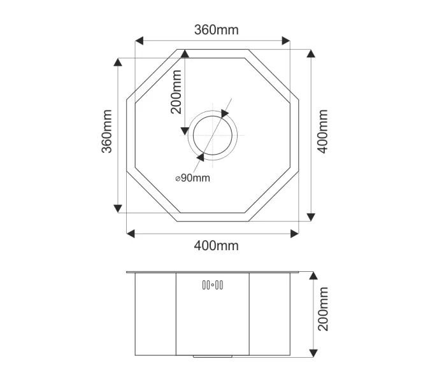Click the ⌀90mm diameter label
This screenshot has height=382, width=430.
[x=192, y=178]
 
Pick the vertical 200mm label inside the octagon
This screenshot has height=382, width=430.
[x=176, y=91]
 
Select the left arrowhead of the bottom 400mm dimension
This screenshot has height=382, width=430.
[x=130, y=234]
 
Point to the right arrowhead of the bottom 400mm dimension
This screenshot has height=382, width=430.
[x=295, y=234]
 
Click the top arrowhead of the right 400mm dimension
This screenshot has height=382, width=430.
[x=310, y=53]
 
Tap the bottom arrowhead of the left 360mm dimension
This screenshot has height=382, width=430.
[x=118, y=208]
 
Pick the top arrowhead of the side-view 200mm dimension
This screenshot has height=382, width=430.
[x=313, y=276]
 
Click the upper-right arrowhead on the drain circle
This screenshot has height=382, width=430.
[x=225, y=113]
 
